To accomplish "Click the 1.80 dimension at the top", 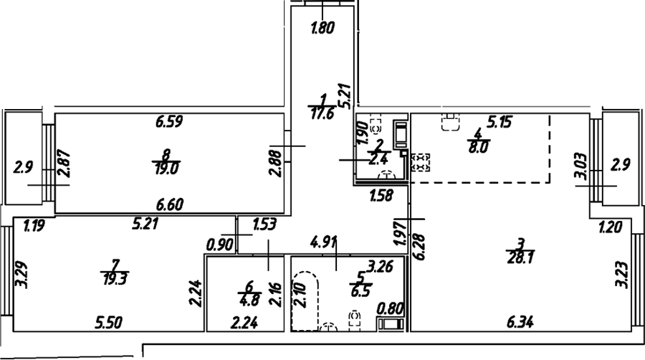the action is click(x=322, y=28).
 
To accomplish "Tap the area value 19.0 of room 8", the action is click(x=166, y=169).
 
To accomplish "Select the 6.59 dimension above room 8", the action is click(x=169, y=122).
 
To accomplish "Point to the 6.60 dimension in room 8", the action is click(x=170, y=204).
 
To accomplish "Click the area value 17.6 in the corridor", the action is click(x=322, y=113).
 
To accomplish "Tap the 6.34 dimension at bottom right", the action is click(x=520, y=322).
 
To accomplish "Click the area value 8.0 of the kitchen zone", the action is click(x=477, y=147).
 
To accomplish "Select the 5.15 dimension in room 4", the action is click(x=499, y=122).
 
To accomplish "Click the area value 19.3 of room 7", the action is click(x=115, y=279).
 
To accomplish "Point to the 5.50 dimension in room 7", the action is click(x=109, y=322).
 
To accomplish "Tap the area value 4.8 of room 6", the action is click(x=249, y=300).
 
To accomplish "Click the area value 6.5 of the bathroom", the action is click(x=361, y=291).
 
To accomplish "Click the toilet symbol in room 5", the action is click(x=355, y=321).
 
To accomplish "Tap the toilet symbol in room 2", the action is click(x=376, y=125).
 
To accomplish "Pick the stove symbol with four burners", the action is click(x=421, y=162).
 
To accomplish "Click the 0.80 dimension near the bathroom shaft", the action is click(x=391, y=308).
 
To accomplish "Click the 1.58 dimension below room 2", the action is click(x=381, y=195).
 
